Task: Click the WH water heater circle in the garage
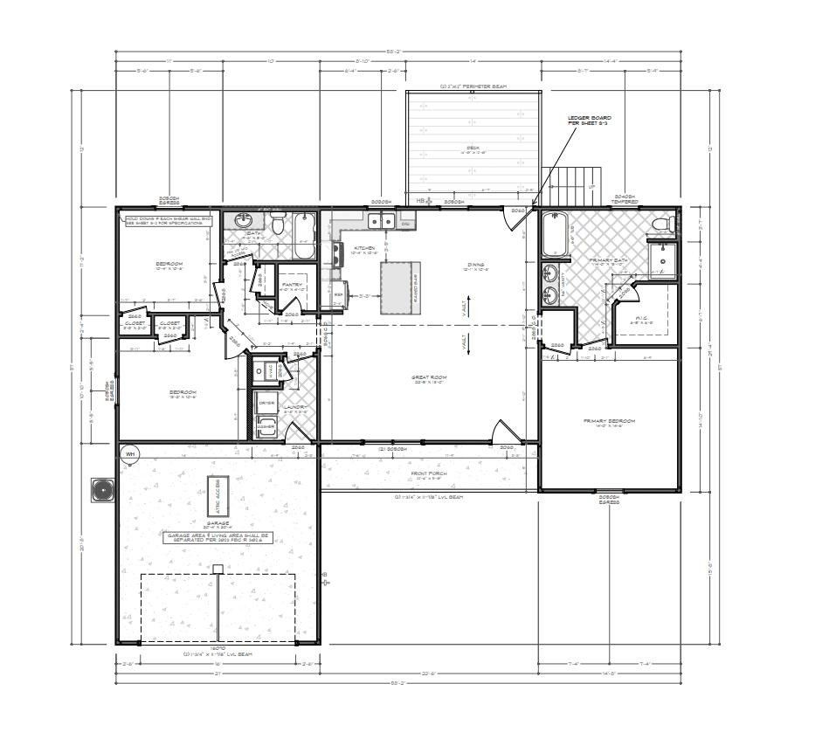pyautogui.click(x=130, y=453)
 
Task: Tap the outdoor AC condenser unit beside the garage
pyautogui.click(x=103, y=489)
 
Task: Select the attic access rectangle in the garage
pyautogui.click(x=217, y=496)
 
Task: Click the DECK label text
pyautogui.click(x=473, y=148)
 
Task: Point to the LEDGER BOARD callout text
pyautogui.click(x=589, y=121)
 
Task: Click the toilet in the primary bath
pyautogui.click(x=664, y=225)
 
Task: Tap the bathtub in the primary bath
pyautogui.click(x=556, y=234)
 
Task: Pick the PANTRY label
pyautogui.click(x=292, y=284)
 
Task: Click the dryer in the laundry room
pyautogui.click(x=266, y=403)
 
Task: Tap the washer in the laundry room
pyautogui.click(x=266, y=426)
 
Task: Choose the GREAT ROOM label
pyautogui.click(x=429, y=378)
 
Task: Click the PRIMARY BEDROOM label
pyautogui.click(x=609, y=421)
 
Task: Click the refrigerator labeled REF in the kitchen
pyautogui.click(x=339, y=294)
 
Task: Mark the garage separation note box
pyautogui.click(x=217, y=538)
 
